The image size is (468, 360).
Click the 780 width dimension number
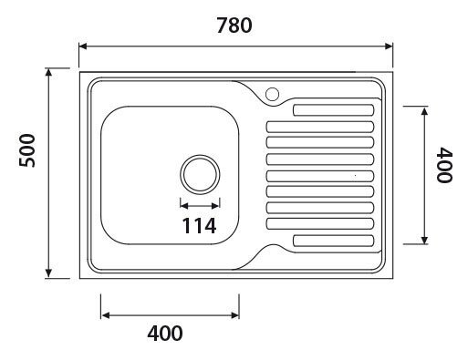click(x=234, y=26)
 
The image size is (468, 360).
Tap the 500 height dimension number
click(x=27, y=149)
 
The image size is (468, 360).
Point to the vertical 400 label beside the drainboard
click(x=443, y=167)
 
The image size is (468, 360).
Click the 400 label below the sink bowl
click(x=164, y=333)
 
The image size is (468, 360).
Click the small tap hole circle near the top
click(x=271, y=92)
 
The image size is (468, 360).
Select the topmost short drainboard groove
click(x=332, y=110)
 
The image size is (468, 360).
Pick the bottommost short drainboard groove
click(x=332, y=242)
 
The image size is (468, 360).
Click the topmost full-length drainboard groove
click(x=319, y=127)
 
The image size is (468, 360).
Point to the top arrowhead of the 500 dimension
click(x=47, y=71)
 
